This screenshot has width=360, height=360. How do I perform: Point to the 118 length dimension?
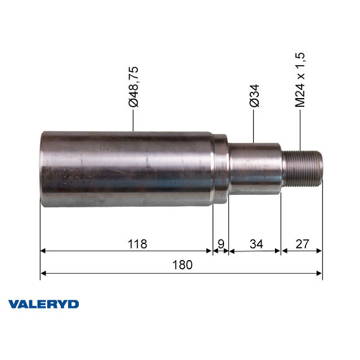click(138, 243)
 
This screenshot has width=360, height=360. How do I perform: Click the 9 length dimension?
click(220, 243)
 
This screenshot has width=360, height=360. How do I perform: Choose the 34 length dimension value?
click(255, 243)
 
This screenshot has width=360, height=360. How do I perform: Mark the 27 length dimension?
click(302, 243)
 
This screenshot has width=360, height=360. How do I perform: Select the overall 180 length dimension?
click(181, 264)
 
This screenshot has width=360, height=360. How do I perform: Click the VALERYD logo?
click(43, 304)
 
